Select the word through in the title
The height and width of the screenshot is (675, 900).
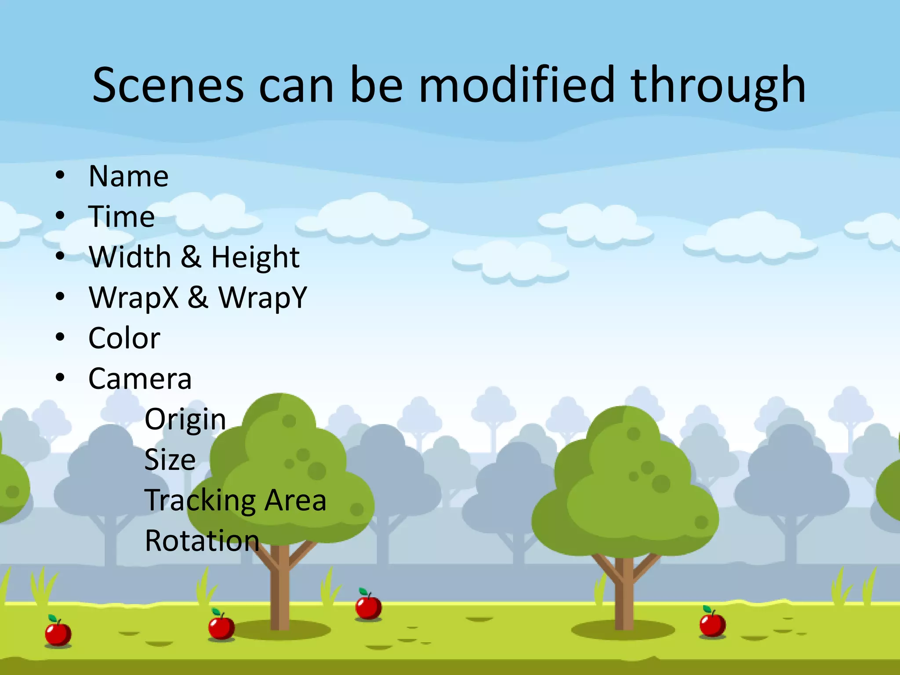click(718, 86)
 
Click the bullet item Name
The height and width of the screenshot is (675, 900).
click(128, 176)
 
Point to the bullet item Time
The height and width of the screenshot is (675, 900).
click(121, 217)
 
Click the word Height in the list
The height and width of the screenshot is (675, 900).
click(255, 257)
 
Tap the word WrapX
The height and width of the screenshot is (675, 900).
click(134, 298)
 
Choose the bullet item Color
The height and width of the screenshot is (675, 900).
click(124, 338)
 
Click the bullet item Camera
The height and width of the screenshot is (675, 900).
click(140, 379)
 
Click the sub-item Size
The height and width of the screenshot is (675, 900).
click(170, 460)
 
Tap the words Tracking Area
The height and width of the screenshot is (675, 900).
click(235, 501)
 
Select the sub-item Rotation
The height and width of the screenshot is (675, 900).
click(202, 541)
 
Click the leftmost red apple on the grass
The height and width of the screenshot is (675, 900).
click(58, 633)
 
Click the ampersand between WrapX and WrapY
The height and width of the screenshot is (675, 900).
click(198, 297)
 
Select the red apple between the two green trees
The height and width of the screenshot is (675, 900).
click(368, 606)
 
